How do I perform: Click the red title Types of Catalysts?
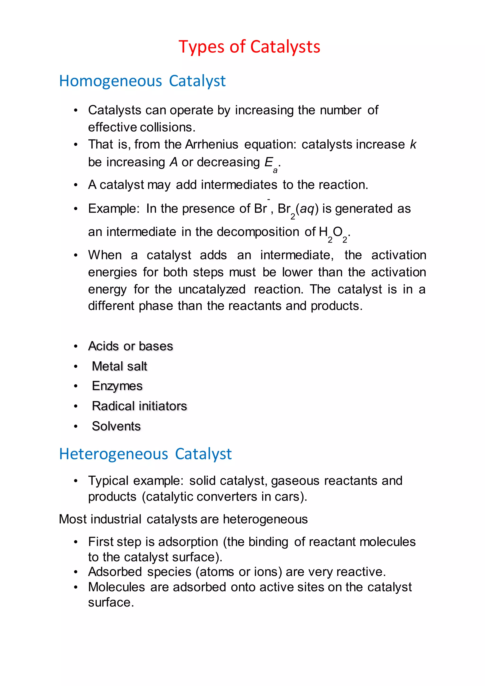[249, 47]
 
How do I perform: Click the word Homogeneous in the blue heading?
[111, 81]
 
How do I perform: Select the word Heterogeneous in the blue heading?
[113, 454]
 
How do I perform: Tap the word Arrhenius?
[211, 144]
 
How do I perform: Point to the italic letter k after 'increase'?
[413, 144]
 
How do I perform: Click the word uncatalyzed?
[212, 289]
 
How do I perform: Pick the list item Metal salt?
[119, 366]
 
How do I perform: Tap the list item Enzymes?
[117, 386]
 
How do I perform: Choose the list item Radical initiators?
[139, 406]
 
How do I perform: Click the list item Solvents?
[116, 426]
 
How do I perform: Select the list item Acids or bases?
[130, 346]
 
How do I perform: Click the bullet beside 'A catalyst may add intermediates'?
[76, 185]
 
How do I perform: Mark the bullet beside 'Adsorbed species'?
[76, 572]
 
